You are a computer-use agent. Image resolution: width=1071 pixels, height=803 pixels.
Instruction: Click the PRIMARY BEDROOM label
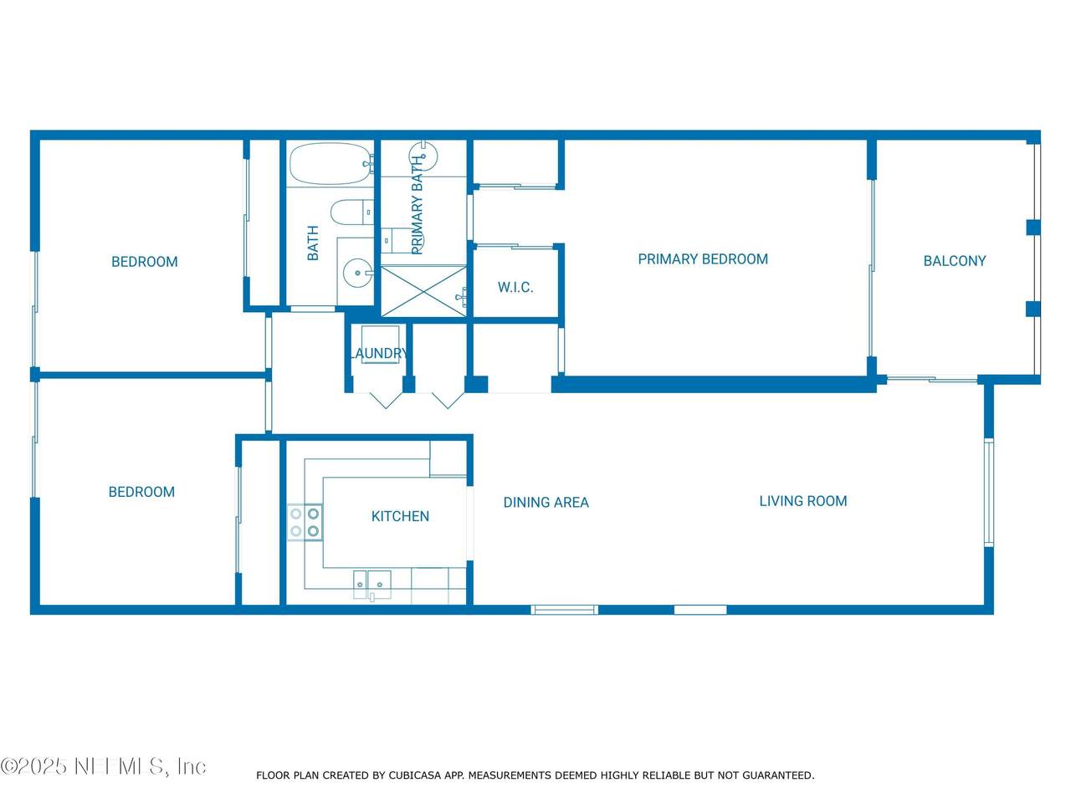703,259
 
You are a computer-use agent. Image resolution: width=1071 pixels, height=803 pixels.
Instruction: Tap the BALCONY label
955,261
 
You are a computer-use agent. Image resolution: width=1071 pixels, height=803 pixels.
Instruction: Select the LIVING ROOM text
802,501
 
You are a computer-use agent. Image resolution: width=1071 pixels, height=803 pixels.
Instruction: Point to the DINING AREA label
546,502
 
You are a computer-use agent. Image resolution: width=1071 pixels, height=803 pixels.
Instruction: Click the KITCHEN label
400,516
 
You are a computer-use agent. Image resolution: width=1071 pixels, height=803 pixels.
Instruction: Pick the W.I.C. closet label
515,287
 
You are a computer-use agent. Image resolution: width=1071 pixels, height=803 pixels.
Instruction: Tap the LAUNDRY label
379,353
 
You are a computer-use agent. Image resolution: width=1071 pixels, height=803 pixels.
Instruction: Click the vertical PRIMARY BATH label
417,205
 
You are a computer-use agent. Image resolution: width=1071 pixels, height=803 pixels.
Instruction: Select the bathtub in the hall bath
331,164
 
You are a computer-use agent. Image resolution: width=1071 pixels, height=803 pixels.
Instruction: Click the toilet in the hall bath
351,212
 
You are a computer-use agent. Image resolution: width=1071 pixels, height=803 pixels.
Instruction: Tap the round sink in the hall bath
357,274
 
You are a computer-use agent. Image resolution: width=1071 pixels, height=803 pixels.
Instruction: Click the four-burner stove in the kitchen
305,522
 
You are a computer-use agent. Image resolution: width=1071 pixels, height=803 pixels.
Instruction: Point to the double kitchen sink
372,584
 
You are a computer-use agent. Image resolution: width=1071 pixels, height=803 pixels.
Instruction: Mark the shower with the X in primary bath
423,292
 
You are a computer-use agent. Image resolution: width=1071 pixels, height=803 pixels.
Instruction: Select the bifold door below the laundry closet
386,401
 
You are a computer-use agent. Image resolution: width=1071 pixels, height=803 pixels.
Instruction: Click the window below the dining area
565,610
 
